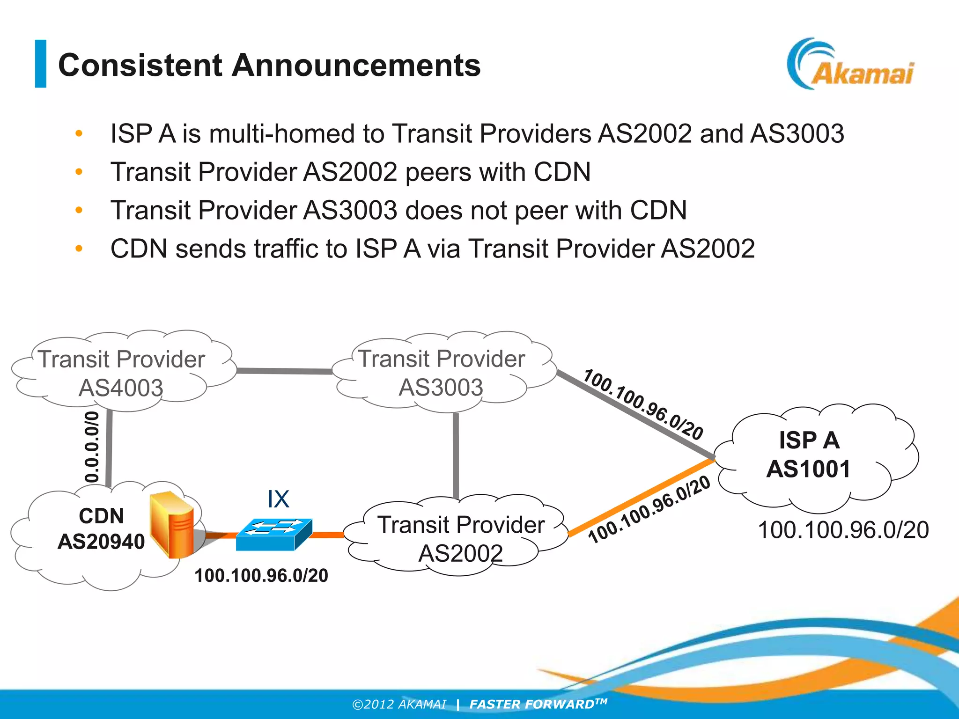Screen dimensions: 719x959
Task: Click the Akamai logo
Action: (850, 66)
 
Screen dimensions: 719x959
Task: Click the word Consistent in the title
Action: (140, 65)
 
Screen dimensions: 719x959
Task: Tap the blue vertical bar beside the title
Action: (41, 64)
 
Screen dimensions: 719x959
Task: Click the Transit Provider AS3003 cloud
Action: (441, 373)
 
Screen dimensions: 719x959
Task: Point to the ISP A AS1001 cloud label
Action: (809, 454)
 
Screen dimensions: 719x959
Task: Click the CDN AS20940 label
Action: (101, 529)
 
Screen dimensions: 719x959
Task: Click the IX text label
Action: (278, 499)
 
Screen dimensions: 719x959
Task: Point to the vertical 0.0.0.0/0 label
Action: (92, 447)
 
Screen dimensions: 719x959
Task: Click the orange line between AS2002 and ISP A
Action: (642, 497)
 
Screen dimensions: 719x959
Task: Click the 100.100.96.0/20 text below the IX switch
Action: (261, 575)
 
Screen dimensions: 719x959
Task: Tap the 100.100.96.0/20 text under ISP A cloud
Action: (843, 530)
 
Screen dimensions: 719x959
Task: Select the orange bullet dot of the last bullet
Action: (79, 249)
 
